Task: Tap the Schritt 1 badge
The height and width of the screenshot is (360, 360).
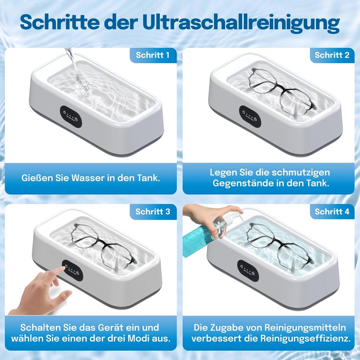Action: (x=153, y=55)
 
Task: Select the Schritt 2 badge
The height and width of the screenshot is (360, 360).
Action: (x=332, y=55)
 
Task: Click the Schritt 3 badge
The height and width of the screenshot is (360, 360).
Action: (x=153, y=212)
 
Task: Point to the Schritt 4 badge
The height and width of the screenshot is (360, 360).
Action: (x=332, y=212)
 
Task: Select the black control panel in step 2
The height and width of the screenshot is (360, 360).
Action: (x=250, y=117)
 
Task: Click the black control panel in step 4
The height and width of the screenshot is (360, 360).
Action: (x=248, y=271)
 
